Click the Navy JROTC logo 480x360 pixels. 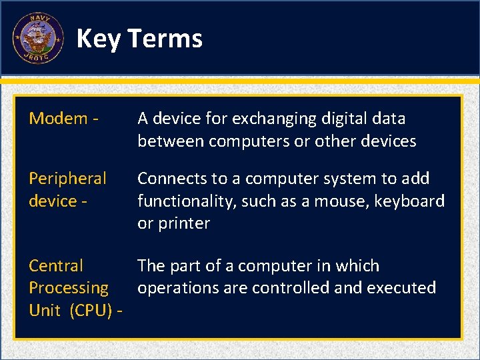(x=38, y=38)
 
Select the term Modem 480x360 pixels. (x=59, y=119)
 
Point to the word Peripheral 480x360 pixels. (x=67, y=179)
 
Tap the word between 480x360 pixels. (x=169, y=141)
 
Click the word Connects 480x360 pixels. (x=171, y=179)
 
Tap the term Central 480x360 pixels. (x=56, y=266)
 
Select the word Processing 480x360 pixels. (x=69, y=288)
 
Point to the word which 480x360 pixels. (x=357, y=266)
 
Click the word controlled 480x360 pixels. (x=292, y=288)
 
